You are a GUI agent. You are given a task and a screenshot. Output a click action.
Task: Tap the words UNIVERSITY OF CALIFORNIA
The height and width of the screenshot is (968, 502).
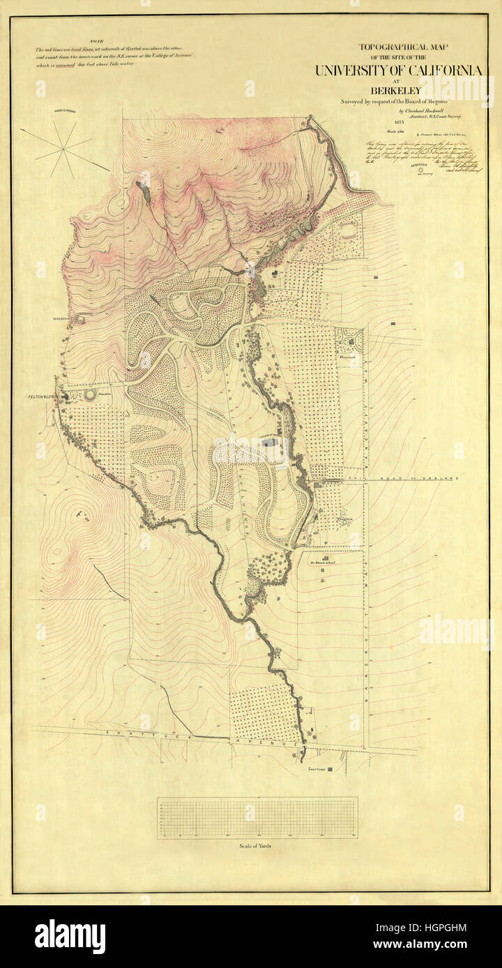tap(398, 70)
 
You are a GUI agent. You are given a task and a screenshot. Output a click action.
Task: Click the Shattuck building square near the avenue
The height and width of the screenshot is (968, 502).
tap(330, 769)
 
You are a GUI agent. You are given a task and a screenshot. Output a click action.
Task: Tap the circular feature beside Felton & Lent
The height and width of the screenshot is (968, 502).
tap(91, 396)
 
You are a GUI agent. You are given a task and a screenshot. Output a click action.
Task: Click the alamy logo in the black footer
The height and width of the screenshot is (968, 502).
tap(70, 937)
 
